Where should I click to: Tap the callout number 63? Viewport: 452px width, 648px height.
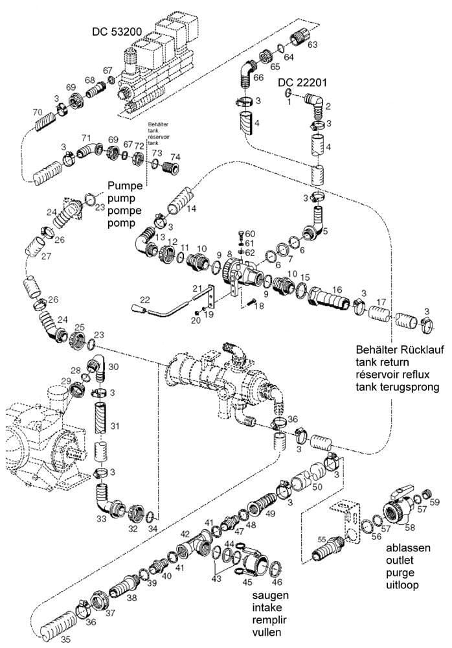[x=313, y=45]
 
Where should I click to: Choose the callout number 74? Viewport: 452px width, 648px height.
[x=175, y=156]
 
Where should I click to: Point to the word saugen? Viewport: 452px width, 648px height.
[x=271, y=595]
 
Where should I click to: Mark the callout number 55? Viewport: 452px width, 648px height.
[x=321, y=538]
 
